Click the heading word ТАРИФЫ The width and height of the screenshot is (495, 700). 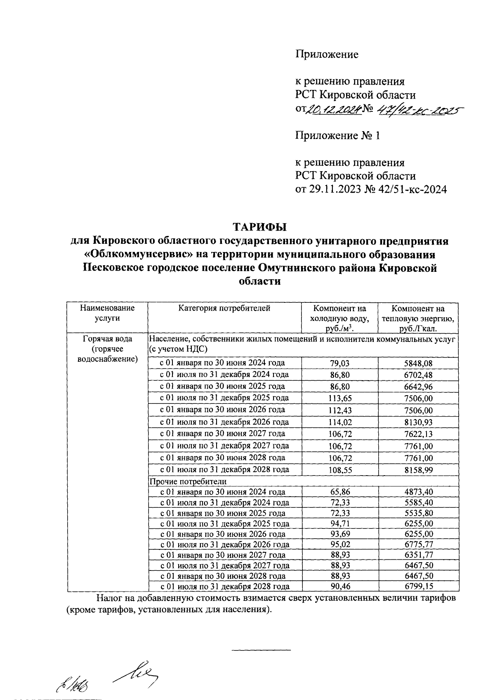(x=259, y=227)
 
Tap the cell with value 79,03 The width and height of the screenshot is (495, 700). (x=340, y=363)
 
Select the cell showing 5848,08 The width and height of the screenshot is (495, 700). (x=418, y=363)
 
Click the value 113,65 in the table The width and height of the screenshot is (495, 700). (x=340, y=398)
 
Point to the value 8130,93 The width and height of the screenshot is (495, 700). (x=418, y=422)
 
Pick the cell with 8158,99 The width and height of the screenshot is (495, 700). (x=418, y=470)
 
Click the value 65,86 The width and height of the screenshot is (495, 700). (x=340, y=492)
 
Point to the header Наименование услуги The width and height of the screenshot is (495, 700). (x=107, y=313)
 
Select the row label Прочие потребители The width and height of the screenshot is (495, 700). (x=188, y=481)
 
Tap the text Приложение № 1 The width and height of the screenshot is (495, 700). (x=337, y=136)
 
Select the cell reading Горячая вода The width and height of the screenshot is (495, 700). (x=107, y=339)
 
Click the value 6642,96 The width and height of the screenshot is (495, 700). (x=418, y=387)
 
